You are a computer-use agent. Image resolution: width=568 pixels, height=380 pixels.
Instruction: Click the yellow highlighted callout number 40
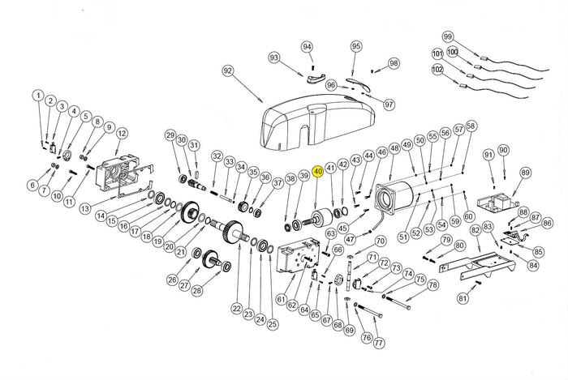click(x=318, y=171)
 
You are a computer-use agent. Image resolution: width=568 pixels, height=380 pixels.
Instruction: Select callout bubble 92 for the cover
click(x=228, y=72)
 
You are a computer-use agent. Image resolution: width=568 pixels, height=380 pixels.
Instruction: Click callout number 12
click(x=122, y=134)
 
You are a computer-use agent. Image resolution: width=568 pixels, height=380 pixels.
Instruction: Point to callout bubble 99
click(x=447, y=36)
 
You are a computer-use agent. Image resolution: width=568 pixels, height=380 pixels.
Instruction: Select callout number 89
click(x=525, y=173)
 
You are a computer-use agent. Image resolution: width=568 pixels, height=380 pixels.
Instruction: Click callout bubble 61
click(x=281, y=300)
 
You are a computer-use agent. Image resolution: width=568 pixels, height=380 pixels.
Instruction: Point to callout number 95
click(x=355, y=47)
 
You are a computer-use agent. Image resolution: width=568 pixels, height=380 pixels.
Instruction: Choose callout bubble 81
click(x=463, y=298)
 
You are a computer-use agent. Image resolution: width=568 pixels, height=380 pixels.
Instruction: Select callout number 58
click(x=471, y=126)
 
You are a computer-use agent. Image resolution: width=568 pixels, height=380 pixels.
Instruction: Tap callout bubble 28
click(x=196, y=289)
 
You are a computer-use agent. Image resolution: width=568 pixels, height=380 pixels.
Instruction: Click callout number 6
click(x=32, y=186)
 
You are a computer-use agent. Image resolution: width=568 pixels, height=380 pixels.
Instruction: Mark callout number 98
click(x=394, y=63)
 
